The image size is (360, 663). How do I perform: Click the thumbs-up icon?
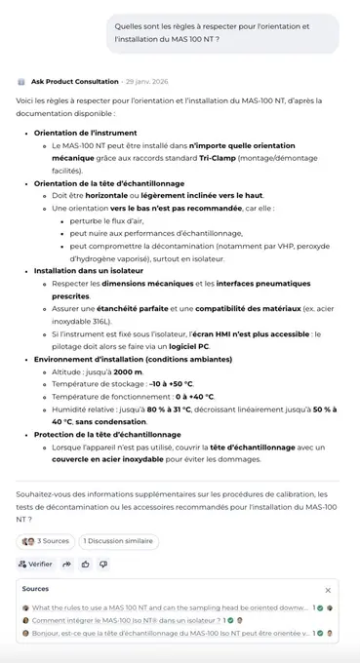86,564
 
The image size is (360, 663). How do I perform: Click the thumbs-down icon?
103,564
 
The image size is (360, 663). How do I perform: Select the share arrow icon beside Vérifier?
67,564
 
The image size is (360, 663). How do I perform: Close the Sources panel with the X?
328,590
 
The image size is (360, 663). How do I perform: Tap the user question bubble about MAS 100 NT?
221,32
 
